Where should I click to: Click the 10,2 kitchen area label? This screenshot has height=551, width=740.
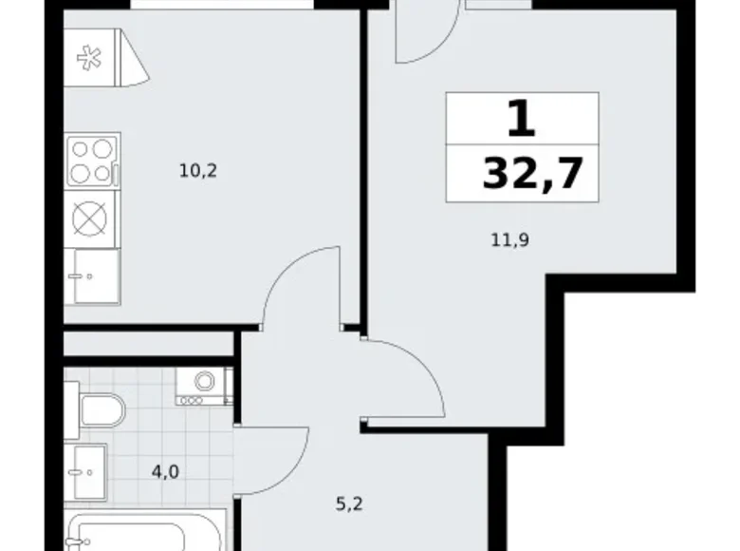(x=198, y=171)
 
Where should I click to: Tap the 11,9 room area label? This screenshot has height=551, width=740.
(x=510, y=240)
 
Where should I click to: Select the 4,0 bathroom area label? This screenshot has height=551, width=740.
(x=165, y=471)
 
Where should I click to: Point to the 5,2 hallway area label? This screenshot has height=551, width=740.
(x=349, y=504)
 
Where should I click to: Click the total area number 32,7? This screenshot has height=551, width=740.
(x=532, y=174)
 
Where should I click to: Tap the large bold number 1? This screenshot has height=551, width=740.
(x=522, y=120)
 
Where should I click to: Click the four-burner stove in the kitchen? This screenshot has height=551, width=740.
(x=93, y=161)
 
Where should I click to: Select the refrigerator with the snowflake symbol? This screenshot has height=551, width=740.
(x=106, y=58)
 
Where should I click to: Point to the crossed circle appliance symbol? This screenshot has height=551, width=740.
(x=90, y=218)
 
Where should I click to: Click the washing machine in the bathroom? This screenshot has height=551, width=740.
(x=204, y=387)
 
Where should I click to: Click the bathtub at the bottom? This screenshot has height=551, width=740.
(x=144, y=533)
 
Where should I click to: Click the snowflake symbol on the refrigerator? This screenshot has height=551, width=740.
(x=89, y=58)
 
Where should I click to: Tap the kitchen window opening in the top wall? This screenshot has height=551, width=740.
(x=222, y=4)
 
